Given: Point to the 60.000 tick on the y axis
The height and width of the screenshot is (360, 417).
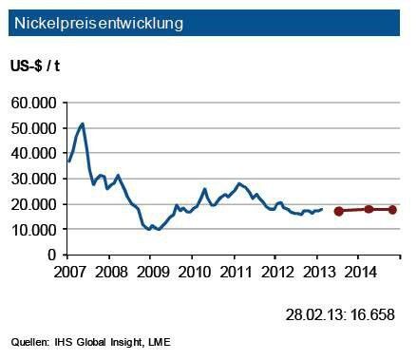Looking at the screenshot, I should pos(34,103).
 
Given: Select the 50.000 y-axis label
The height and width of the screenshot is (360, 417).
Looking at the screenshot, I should pos(34,128).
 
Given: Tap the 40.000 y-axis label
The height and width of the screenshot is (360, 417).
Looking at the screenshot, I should pos(34,153).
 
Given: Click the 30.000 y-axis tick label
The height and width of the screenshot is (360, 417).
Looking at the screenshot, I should pos(34,179).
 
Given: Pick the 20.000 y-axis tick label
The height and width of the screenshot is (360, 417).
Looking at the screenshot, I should pos(34,204).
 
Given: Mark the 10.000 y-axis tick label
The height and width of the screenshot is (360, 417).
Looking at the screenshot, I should pos(34,230).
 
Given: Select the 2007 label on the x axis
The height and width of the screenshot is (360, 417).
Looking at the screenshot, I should pos(69,271).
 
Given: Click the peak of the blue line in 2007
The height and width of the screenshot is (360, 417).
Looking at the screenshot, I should pos(83,123).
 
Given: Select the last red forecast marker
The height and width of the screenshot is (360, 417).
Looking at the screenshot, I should pos(392,209).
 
